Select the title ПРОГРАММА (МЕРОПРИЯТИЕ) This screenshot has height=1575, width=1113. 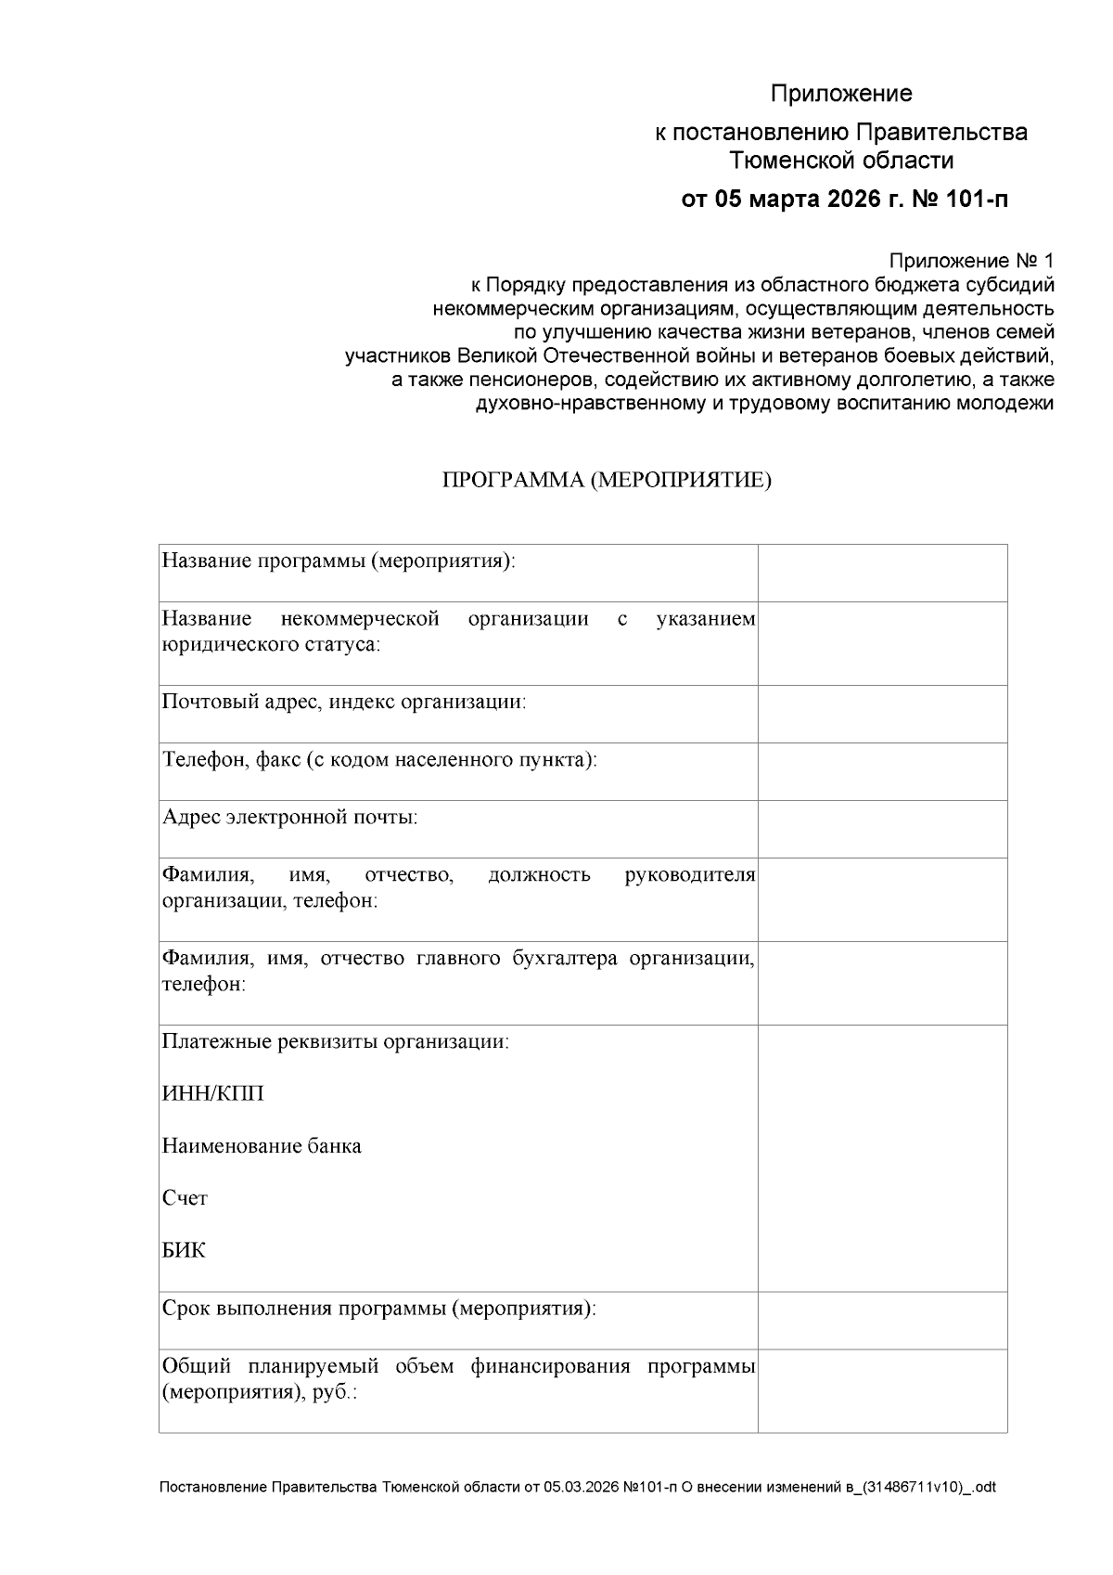[x=607, y=480]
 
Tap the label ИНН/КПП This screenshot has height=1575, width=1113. [x=212, y=1093]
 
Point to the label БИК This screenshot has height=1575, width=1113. [x=184, y=1250]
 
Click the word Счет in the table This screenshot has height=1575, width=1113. [x=185, y=1198]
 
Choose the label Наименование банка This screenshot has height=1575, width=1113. [x=262, y=1146]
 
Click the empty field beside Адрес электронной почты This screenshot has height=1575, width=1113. [x=882, y=829]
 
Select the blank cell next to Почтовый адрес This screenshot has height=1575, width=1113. [x=882, y=714]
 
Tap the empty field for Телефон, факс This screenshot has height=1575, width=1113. [x=882, y=771]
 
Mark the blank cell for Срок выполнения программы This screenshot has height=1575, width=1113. [x=882, y=1320]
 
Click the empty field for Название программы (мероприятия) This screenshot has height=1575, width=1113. [x=882, y=573]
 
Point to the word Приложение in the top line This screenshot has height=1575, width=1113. [x=841, y=94]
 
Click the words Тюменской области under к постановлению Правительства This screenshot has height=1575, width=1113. [x=841, y=161]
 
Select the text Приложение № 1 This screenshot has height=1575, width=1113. [x=971, y=260]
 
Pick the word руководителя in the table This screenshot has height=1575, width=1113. [x=690, y=875]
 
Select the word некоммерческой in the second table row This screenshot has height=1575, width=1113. [x=360, y=619]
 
